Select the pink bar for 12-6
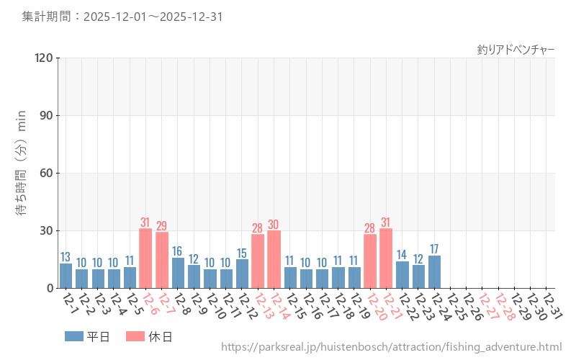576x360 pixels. click(145, 258)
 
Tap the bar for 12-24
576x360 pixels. click(434, 272)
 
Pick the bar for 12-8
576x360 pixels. click(178, 273)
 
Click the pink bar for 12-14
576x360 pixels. click(274, 259)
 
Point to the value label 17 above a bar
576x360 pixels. click(434, 249)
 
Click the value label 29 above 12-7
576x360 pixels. click(162, 225)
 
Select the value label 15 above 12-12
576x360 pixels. click(242, 253)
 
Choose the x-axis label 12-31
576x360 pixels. click(552, 307)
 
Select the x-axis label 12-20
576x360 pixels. click(375, 307)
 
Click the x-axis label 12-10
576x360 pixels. click(215, 307)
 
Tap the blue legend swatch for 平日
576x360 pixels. click(73, 336)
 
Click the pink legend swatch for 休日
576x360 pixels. click(135, 336)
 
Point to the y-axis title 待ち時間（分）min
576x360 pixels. click(22, 173)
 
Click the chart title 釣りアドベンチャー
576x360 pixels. click(516, 50)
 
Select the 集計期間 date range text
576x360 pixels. click(122, 16)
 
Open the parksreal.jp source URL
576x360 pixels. click(391, 347)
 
